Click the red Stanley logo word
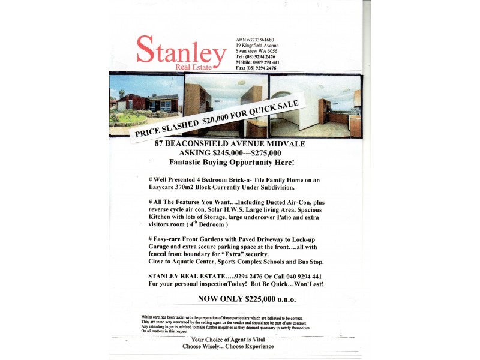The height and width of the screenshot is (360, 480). (181, 50)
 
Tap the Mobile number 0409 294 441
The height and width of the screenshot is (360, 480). (257, 62)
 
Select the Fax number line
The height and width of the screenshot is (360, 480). (256, 68)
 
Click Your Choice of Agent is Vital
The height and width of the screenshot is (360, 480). (228, 340)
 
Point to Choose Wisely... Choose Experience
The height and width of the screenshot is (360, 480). (228, 346)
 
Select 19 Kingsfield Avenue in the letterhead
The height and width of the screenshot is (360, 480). (257, 46)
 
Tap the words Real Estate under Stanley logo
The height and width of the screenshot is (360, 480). (193, 67)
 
